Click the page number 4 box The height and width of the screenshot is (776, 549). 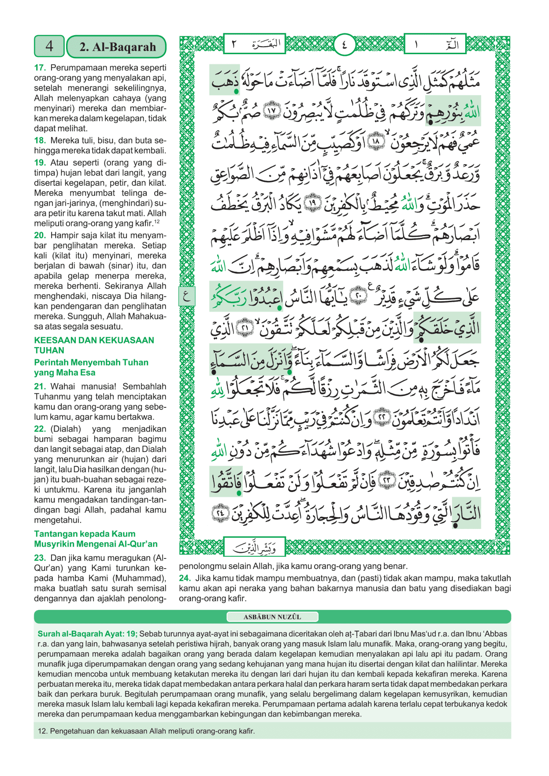click(49, 46)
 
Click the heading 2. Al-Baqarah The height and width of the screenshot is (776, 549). click(117, 47)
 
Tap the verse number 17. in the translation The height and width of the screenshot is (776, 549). click(40, 68)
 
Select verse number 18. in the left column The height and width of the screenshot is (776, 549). click(40, 140)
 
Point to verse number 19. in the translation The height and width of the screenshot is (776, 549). click(40, 163)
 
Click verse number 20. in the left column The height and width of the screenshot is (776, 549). click(40, 235)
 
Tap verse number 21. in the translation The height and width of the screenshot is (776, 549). click(40, 386)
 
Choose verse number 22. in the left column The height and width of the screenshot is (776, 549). click(40, 429)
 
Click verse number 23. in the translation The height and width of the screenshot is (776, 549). click(40, 558)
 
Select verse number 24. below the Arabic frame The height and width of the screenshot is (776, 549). click(185, 578)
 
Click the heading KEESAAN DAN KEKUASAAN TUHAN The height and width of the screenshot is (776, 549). click(94, 345)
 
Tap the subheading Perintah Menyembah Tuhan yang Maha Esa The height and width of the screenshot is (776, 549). click(91, 367)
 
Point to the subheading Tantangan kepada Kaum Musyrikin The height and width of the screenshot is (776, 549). click(96, 539)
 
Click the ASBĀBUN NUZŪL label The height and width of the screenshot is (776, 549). click(272, 617)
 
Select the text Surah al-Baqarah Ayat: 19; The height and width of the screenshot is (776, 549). click(87, 634)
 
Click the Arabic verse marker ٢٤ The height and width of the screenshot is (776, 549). click(220, 513)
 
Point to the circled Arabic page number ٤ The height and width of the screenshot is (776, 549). click(344, 44)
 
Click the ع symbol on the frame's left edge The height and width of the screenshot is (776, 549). click(186, 296)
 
